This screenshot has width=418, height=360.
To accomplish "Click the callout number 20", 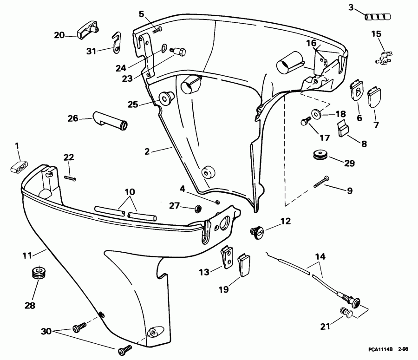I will [59, 35].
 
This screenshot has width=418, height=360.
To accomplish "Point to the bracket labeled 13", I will [227, 257].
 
